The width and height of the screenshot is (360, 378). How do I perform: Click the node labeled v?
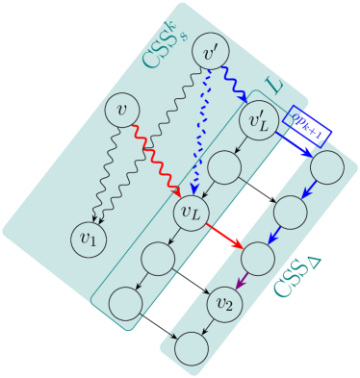[x=122, y=110]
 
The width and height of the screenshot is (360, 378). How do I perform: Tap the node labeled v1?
[x=89, y=239]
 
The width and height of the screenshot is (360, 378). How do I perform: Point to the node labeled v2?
[x=224, y=304]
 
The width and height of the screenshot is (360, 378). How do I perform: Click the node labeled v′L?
[x=258, y=122]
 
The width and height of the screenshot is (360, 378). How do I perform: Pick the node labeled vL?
[x=190, y=210]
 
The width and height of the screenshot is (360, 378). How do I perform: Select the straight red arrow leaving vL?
[x=222, y=235]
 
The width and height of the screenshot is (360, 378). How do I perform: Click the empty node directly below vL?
[x=157, y=257]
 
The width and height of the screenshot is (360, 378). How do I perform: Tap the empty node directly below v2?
[x=191, y=349]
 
